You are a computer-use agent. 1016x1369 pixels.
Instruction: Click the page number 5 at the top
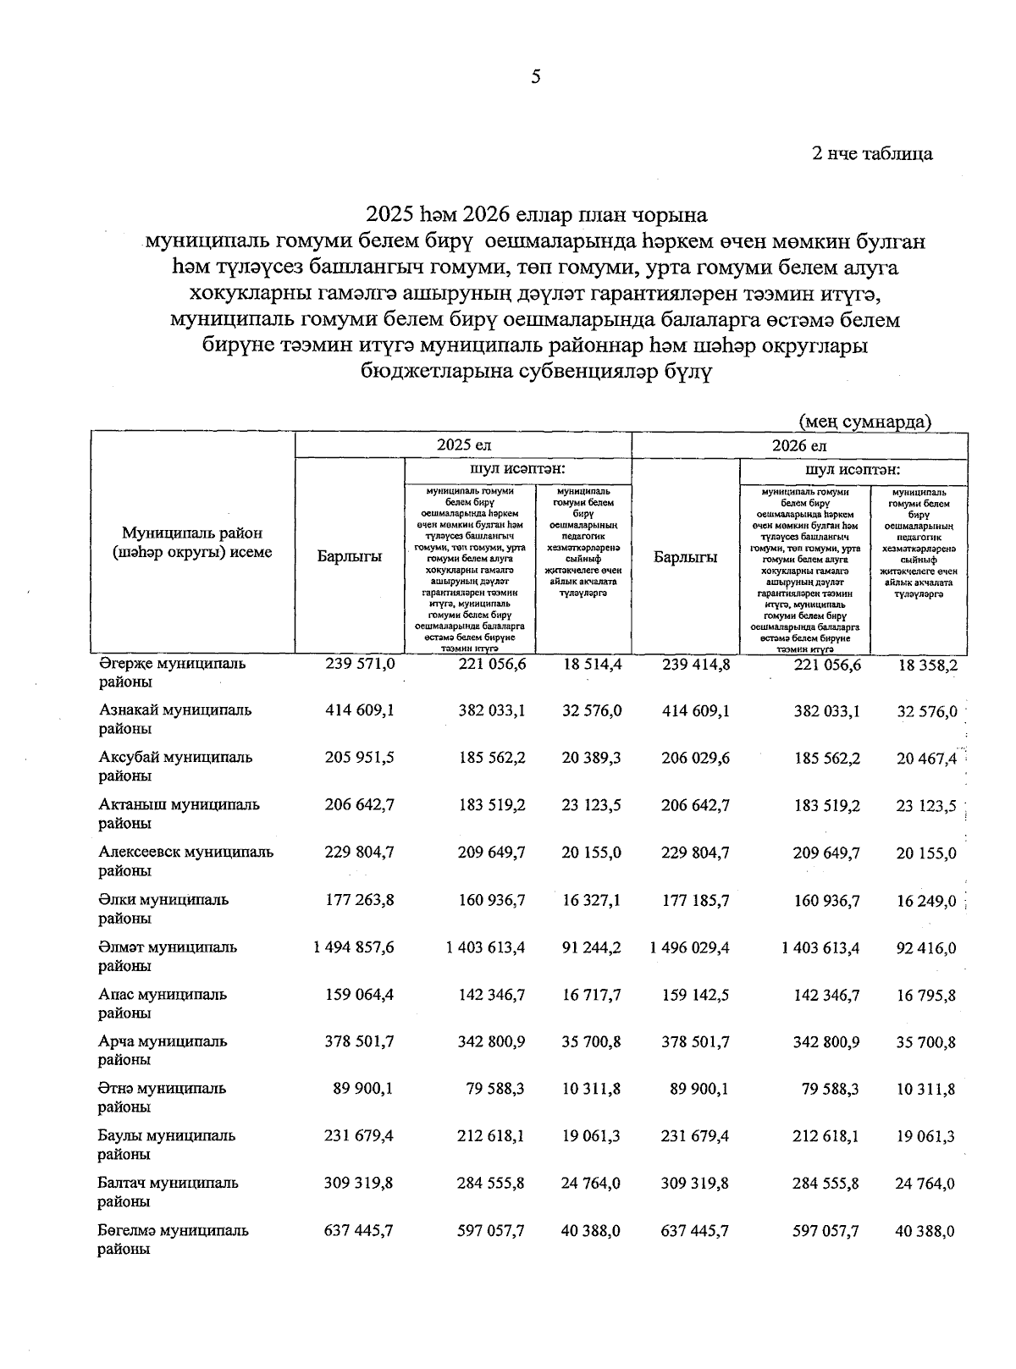point(535,78)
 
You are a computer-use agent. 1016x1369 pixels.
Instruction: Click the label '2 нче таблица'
point(872,153)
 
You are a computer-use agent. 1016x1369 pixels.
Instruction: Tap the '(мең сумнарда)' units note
point(864,421)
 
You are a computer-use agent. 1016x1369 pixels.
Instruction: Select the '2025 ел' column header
point(463,445)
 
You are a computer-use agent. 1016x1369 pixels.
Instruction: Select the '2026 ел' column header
point(798,445)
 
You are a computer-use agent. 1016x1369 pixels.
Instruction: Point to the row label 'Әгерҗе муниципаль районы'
point(172,672)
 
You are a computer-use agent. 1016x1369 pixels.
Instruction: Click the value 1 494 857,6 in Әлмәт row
point(353,947)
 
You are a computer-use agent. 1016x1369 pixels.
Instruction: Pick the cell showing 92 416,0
point(926,948)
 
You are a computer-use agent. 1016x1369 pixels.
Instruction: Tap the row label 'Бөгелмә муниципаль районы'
point(173,1239)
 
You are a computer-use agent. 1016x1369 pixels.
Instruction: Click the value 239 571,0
point(360,665)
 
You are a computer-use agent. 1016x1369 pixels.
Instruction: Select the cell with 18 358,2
point(927,665)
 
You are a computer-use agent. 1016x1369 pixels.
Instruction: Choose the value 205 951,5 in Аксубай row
point(359,759)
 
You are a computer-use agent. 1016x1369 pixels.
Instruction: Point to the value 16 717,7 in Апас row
point(591,995)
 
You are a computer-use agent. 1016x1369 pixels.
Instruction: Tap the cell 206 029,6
point(695,759)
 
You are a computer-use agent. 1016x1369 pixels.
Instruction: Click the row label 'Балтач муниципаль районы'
point(168,1192)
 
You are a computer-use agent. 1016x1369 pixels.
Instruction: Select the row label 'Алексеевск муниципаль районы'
point(185,861)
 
